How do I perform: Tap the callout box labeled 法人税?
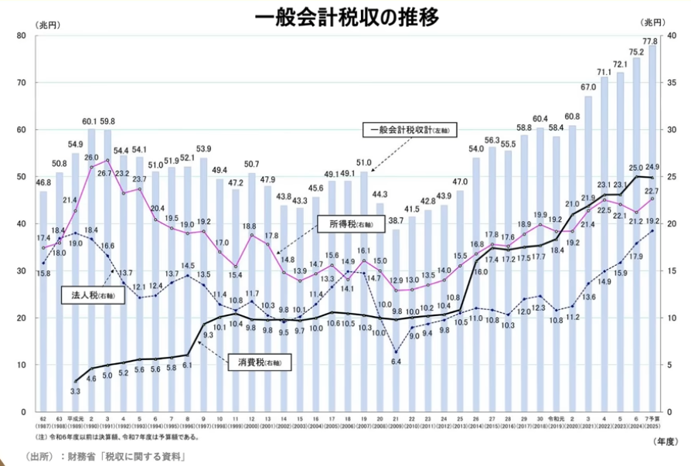tap(87, 295)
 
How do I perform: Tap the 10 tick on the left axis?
tap(22, 365)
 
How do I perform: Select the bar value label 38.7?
tap(397, 221)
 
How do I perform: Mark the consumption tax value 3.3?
tap(76, 392)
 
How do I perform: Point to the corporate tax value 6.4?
tap(397, 362)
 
